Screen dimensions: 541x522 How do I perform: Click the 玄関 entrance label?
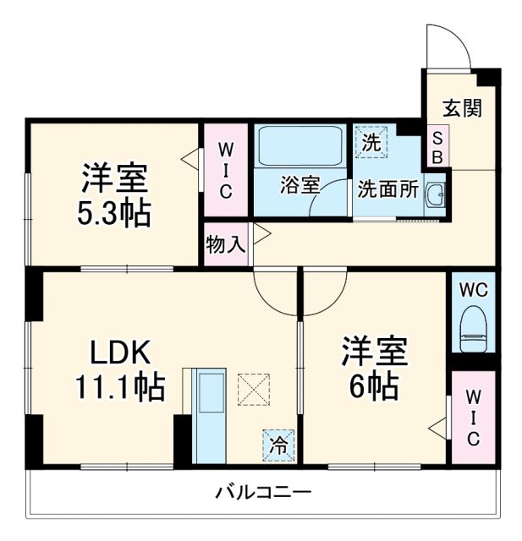[x=462, y=108]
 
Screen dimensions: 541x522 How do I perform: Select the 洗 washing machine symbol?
[x=370, y=143]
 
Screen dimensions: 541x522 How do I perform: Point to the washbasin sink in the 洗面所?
[x=437, y=195]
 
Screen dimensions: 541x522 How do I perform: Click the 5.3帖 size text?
[x=115, y=213]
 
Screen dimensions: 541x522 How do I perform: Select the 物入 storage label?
[x=226, y=244]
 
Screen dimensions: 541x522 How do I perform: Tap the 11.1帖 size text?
[x=118, y=387]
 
